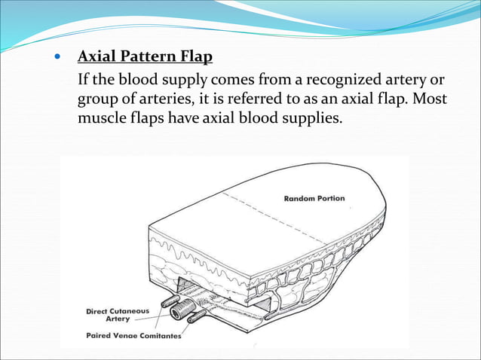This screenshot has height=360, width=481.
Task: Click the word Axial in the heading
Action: (97, 57)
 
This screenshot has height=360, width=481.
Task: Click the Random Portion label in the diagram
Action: (314, 199)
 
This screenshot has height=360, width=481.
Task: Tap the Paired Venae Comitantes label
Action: (133, 335)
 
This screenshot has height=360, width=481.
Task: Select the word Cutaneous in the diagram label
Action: (131, 310)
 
